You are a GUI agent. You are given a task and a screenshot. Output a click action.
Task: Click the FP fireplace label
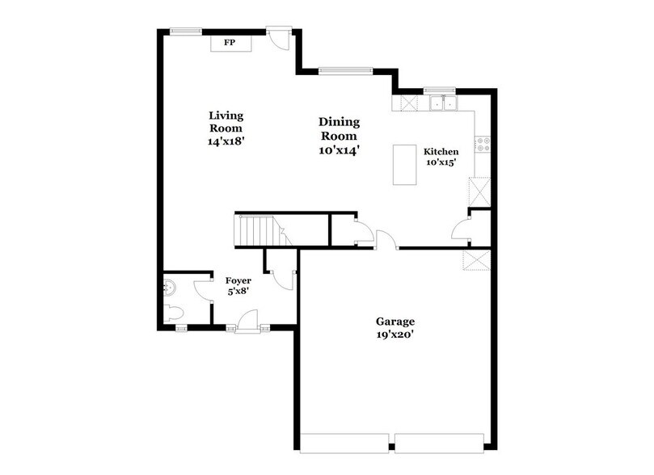[x=230, y=42]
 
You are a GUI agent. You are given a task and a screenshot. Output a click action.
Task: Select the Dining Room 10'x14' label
[x=338, y=136]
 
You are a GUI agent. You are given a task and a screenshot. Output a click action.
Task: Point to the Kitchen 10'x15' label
[x=441, y=157]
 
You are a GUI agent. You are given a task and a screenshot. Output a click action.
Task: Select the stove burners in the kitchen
[x=483, y=145]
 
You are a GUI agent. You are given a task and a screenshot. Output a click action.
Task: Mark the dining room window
[x=345, y=69]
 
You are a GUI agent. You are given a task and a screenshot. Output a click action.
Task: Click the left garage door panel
[x=345, y=443]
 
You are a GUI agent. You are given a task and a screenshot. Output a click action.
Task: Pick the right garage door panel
[x=440, y=443]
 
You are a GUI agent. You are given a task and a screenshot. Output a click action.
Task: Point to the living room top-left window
[x=184, y=31]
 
